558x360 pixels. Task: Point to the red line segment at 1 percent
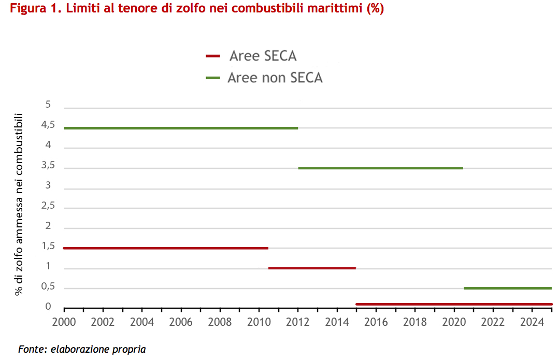tap(312, 268)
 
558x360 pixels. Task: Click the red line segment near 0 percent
tap(453, 304)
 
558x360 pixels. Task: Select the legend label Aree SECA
tap(263, 56)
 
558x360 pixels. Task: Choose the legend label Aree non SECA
tap(275, 78)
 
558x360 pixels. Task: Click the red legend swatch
tap(213, 56)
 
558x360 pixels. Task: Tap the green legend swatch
tap(213, 78)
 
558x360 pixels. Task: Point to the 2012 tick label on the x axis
tap(298, 322)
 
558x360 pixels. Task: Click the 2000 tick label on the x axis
tap(64, 322)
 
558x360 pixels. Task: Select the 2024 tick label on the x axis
tap(532, 322)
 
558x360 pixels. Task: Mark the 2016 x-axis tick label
tap(376, 322)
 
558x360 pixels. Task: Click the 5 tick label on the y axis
tap(48, 105)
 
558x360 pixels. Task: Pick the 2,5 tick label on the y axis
tap(48, 206)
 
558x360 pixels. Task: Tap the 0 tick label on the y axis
tap(48, 307)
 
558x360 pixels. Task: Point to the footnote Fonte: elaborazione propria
tap(82, 350)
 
